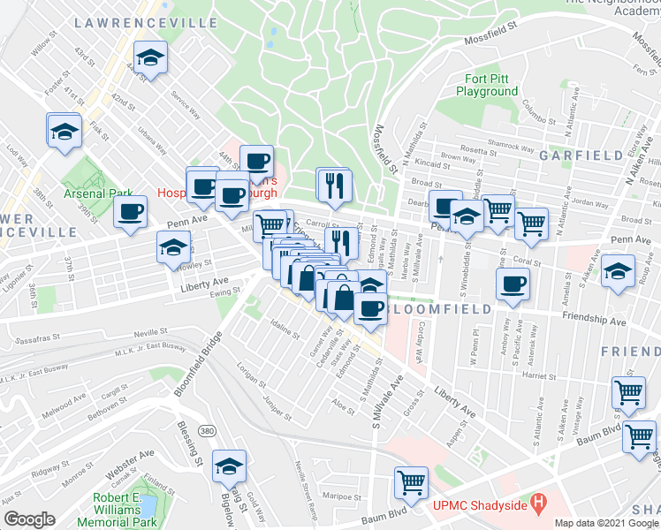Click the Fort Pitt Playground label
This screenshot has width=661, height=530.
point(487,85)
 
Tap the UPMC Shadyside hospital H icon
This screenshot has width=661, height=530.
point(537,504)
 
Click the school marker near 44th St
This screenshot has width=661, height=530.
point(151,58)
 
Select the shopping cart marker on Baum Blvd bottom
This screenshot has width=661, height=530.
point(411,482)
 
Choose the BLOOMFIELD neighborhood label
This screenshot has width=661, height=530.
point(434,311)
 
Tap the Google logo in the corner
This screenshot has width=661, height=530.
point(29,519)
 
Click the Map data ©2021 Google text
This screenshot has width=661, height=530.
point(606,523)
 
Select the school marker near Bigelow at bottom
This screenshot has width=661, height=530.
point(230,465)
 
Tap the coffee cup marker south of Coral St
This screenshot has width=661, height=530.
point(513,284)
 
